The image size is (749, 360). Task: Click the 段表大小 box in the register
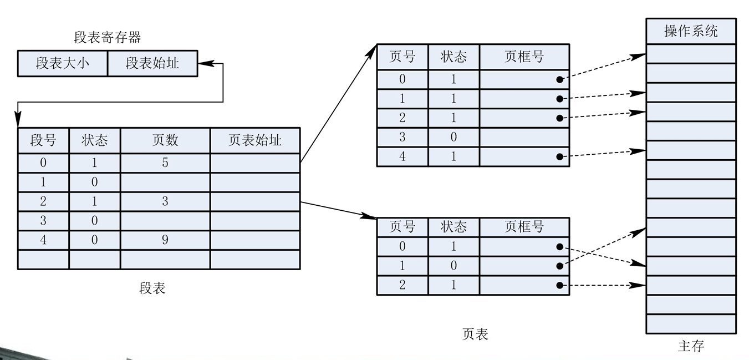pyautogui.click(x=62, y=63)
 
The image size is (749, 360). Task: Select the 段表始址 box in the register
pyautogui.click(x=152, y=63)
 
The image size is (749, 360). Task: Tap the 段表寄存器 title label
pyautogui.click(x=108, y=38)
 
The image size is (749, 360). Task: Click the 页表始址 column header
pyautogui.click(x=255, y=140)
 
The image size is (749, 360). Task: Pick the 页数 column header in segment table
pyautogui.click(x=165, y=140)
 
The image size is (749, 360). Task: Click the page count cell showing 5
pyautogui.click(x=165, y=163)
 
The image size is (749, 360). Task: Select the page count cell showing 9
pyautogui.click(x=165, y=240)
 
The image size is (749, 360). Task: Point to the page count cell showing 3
pyautogui.click(x=165, y=201)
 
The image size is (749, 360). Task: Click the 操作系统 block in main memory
pyautogui.click(x=691, y=31)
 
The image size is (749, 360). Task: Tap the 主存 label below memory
pyautogui.click(x=691, y=346)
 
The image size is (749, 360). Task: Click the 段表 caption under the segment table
pyautogui.click(x=152, y=288)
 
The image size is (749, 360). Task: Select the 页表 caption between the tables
pyautogui.click(x=475, y=334)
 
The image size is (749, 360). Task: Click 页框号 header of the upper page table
pyautogui.click(x=524, y=57)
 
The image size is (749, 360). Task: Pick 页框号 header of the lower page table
pyautogui.click(x=524, y=227)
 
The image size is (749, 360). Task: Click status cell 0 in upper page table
pyautogui.click(x=454, y=137)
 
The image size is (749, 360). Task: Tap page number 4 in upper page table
pyautogui.click(x=402, y=156)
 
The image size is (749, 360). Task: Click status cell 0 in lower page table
pyautogui.click(x=454, y=266)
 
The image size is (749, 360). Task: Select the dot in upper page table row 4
pyautogui.click(x=559, y=157)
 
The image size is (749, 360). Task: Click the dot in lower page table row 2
pyautogui.click(x=559, y=285)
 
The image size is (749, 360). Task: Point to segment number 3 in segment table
pyautogui.click(x=43, y=221)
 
